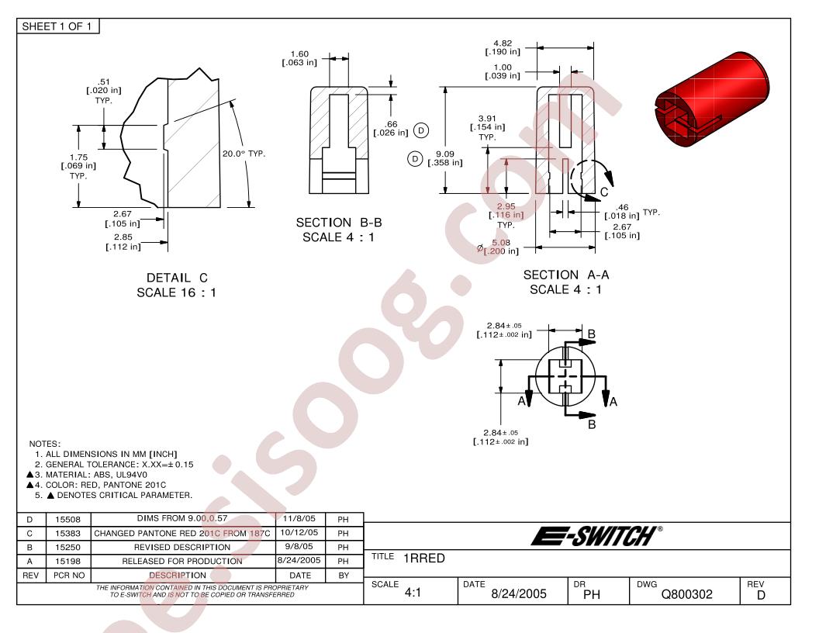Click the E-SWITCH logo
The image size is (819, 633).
[596, 536]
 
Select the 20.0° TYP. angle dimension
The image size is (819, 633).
[244, 154]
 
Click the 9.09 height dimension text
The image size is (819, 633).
[445, 158]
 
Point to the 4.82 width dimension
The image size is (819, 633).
[503, 47]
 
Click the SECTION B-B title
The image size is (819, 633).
[338, 223]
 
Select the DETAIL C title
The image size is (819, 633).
[177, 278]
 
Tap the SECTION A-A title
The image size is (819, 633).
[566, 275]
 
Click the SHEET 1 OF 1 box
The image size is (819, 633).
[57, 26]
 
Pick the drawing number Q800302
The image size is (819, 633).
[686, 594]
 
